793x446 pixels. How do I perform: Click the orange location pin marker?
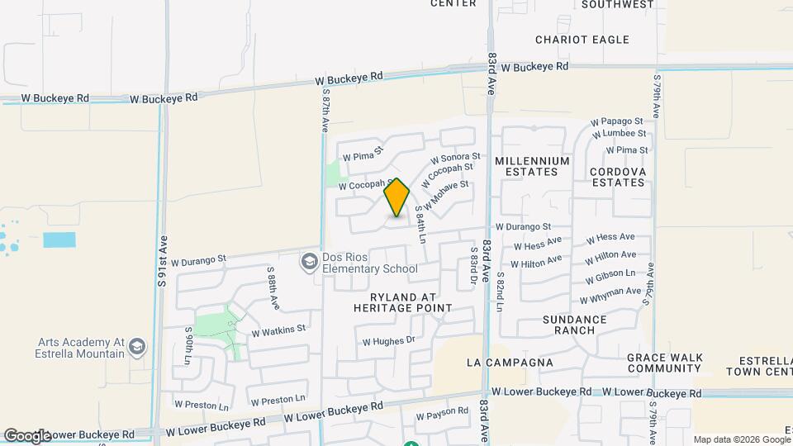point(397,197)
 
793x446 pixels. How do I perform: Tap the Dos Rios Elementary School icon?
point(309,262)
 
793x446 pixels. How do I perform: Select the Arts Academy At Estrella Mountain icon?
point(137,347)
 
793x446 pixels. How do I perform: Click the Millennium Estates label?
point(533,166)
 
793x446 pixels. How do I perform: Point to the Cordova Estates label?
point(617,177)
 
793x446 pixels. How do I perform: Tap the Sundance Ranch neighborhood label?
point(575,325)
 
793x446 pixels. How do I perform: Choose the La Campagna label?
point(509,363)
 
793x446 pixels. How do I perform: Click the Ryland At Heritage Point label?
point(402,301)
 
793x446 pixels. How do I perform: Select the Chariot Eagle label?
point(582,40)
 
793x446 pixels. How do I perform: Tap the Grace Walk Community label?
point(664,363)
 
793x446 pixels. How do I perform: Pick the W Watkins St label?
point(278,330)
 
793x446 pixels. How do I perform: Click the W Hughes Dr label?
point(387,339)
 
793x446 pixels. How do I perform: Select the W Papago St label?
point(617,121)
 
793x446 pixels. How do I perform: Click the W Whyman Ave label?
point(610,295)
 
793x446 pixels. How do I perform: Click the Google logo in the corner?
point(27,435)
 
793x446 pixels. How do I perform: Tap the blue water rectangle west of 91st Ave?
point(59,240)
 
